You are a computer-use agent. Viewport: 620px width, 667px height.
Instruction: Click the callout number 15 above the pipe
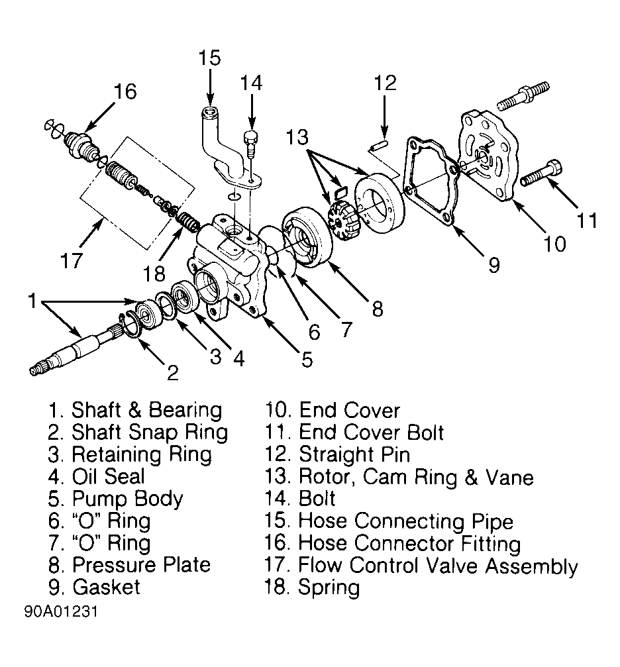[210, 58]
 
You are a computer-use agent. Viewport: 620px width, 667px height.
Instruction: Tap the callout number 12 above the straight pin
[385, 83]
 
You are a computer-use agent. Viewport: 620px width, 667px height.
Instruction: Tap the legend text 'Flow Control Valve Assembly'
[438, 566]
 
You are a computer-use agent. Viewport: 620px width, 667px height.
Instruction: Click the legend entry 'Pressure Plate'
[141, 565]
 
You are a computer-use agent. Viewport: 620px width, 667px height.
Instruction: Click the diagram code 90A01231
[61, 612]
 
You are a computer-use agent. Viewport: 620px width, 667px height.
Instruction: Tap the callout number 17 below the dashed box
[72, 260]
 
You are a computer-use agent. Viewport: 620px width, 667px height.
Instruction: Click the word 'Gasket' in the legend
[106, 588]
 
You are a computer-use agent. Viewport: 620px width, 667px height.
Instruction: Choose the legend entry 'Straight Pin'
[354, 455]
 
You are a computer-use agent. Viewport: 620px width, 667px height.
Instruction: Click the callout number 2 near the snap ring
[173, 373]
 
